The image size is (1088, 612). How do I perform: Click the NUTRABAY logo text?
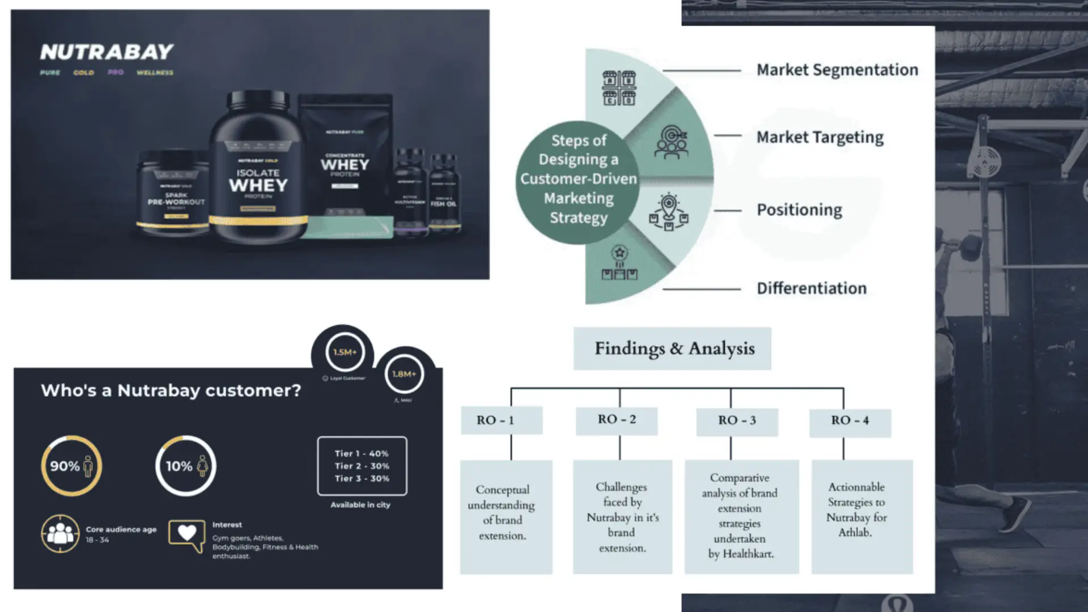pos(107,52)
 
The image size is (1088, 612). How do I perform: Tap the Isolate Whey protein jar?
pos(258,170)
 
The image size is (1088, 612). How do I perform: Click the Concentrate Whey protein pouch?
pos(345,164)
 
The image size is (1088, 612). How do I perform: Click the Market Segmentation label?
pos(837,70)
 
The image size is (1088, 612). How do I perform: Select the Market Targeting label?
pos(819,137)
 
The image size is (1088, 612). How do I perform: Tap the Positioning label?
pos(799,210)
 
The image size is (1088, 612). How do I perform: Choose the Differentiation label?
pos(811,288)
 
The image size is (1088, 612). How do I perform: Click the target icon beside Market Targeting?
pos(671,142)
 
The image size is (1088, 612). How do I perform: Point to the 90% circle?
pos(71,466)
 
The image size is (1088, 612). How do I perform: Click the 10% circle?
pos(186,466)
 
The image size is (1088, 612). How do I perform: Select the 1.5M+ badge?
pos(345,352)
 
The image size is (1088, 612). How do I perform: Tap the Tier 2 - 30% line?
pos(362,466)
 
